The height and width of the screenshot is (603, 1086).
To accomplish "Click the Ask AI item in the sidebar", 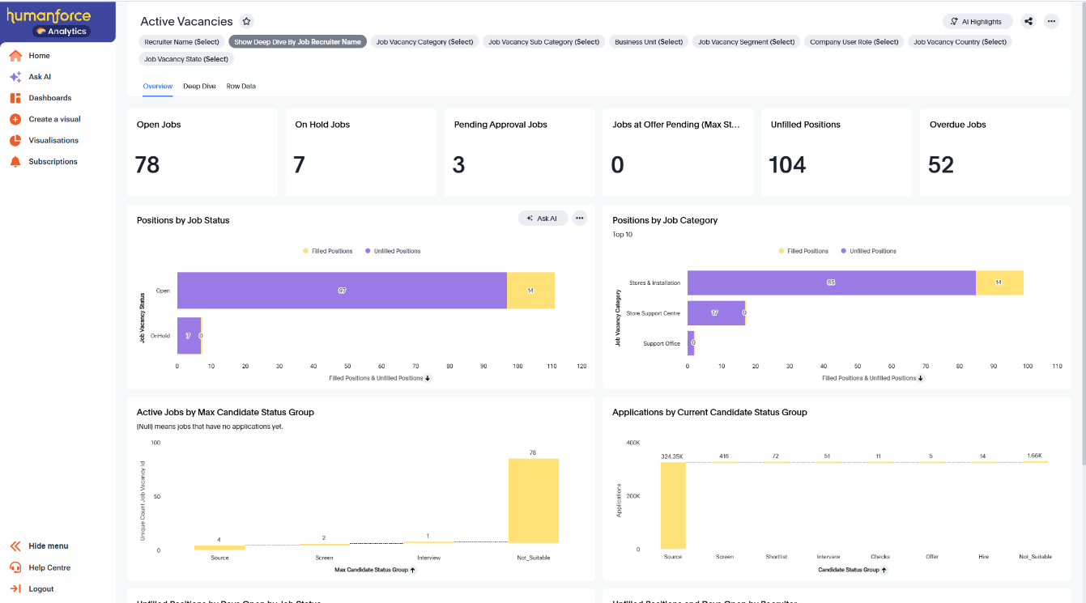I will point(39,77).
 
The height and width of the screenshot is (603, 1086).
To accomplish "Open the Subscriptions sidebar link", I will point(53,162).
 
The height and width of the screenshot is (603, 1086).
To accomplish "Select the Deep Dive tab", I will point(199,86).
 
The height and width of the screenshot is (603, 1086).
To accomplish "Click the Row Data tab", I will point(241,86).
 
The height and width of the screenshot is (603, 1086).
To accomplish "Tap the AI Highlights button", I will point(977,22).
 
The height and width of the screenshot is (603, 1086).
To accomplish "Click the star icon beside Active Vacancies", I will point(247,22).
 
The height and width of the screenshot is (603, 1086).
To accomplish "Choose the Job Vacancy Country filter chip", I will point(960,42).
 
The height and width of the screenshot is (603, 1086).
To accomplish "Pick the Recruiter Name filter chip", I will point(181,42).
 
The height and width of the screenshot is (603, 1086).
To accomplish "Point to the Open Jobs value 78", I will point(148,165).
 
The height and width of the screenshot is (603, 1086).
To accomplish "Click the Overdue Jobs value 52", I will point(941,165).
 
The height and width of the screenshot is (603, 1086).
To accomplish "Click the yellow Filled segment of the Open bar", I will point(530,291).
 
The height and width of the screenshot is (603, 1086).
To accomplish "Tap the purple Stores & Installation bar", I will point(831,282).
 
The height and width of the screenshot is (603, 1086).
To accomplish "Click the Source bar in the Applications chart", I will point(673,506).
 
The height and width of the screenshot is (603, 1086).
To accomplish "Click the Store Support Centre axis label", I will point(653,313).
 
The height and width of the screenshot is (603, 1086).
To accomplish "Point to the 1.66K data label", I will point(1035,456).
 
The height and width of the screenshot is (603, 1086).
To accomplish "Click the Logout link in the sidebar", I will point(40,589).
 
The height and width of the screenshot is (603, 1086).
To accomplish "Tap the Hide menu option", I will point(48,546).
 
